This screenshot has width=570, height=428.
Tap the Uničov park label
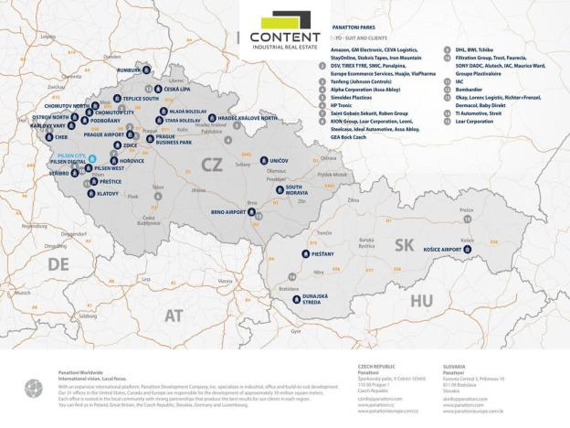[x=276, y=160]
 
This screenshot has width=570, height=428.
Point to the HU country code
[x=421, y=299]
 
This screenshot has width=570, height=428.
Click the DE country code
[x=59, y=263]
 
